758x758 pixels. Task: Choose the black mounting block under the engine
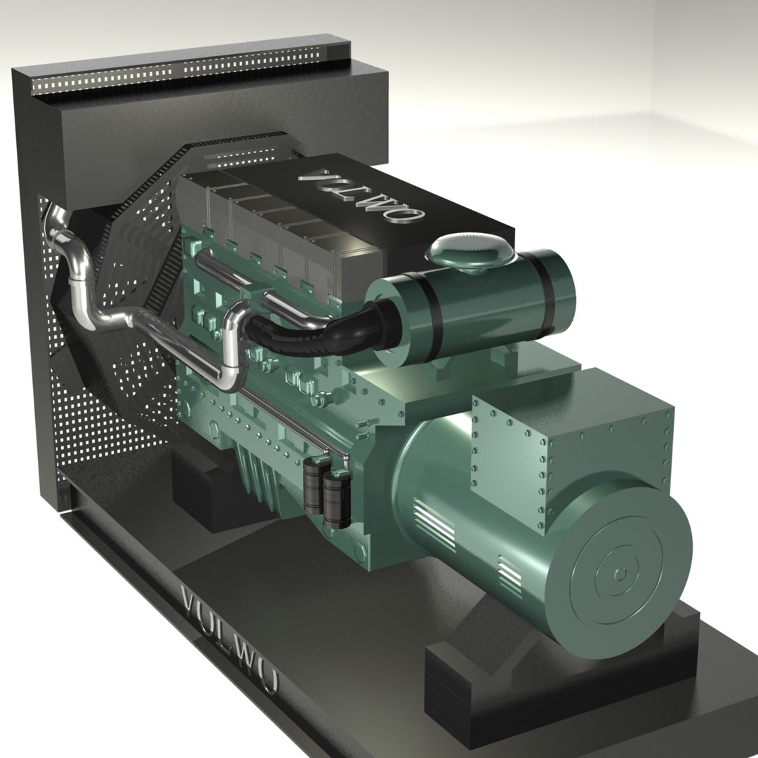tap(211, 491)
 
